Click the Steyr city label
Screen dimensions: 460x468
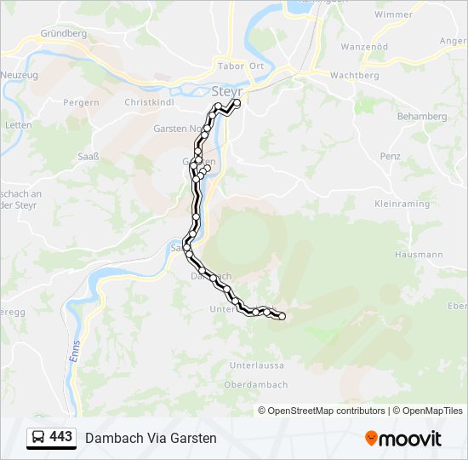pyautogui.click(x=226, y=90)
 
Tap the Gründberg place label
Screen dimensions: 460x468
pyautogui.click(x=64, y=34)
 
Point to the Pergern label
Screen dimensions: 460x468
pyautogui.click(x=82, y=102)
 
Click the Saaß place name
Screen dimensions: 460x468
pyautogui.click(x=88, y=156)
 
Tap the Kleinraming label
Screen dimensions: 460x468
pyautogui.click(x=402, y=204)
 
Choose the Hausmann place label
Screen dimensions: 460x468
pyautogui.click(x=419, y=255)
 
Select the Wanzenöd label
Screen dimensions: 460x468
pyautogui.click(x=364, y=47)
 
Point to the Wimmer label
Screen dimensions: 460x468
pyautogui.click(x=393, y=14)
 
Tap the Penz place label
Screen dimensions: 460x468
pyautogui.click(x=391, y=157)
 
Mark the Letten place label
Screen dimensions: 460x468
pyautogui.click(x=18, y=125)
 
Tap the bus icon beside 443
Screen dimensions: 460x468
pyautogui.click(x=39, y=438)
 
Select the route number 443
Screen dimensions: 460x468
pyautogui.click(x=61, y=437)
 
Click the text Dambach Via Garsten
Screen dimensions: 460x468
pyautogui.click(x=151, y=438)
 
